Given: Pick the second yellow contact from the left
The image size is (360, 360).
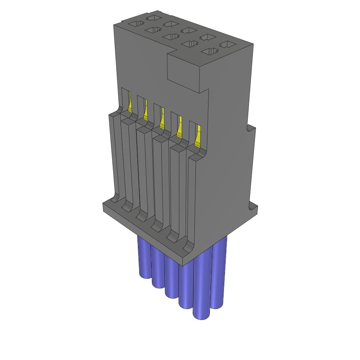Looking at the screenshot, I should (x=146, y=110).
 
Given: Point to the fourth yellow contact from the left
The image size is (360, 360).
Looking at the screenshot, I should (x=179, y=127).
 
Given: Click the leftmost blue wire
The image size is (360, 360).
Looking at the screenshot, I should (x=143, y=258).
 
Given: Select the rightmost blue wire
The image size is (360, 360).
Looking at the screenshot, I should (x=219, y=274).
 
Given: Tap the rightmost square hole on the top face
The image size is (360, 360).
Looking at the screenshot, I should (x=228, y=45).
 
